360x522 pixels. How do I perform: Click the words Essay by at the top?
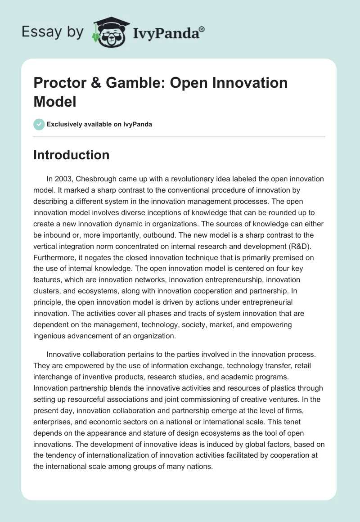52,32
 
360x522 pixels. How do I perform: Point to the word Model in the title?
55,101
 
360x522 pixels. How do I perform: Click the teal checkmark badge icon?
39,124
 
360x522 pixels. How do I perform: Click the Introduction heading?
71,155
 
